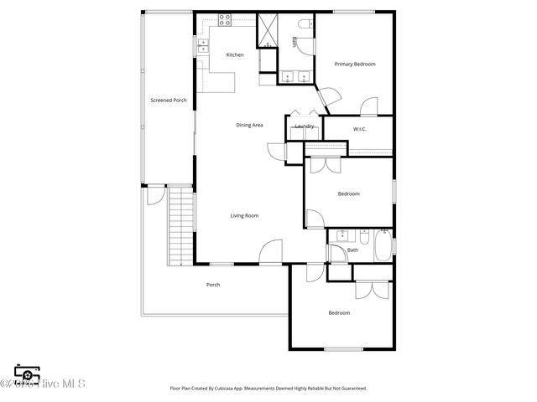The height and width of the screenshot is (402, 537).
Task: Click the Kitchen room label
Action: (235, 55)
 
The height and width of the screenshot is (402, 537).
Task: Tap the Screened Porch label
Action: (169, 100)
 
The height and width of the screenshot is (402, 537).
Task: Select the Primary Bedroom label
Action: (355, 64)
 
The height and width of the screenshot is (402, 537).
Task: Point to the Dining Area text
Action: (249, 126)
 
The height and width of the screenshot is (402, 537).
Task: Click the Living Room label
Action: (244, 216)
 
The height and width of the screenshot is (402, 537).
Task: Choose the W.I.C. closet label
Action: (360, 129)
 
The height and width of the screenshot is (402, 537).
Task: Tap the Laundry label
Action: (304, 126)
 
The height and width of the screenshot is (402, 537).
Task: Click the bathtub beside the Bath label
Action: (382, 248)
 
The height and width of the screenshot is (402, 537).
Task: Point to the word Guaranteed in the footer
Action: (352, 389)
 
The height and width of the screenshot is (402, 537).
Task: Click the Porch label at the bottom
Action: (213, 285)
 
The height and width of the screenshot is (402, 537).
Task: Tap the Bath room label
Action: (352, 250)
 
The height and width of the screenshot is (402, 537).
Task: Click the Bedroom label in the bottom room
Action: (339, 313)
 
